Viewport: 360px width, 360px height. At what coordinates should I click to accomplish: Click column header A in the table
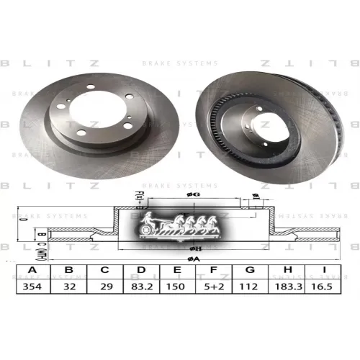point(30,271)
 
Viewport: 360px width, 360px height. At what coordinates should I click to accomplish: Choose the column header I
point(325,271)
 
